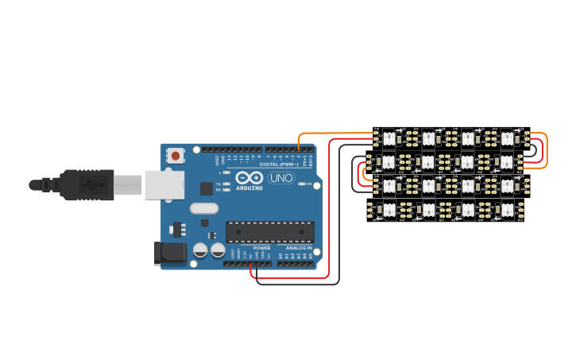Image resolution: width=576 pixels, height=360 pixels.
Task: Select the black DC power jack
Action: tap(170, 254)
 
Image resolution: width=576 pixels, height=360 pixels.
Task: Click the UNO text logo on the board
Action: tap(281, 178)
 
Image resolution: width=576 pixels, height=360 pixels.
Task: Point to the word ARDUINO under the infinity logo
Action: tap(249, 188)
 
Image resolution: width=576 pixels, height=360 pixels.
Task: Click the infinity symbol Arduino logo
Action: tap(249, 177)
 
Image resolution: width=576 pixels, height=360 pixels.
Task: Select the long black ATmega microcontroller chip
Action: tap(269, 232)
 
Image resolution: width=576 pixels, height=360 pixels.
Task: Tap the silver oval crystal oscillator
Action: tap(203, 208)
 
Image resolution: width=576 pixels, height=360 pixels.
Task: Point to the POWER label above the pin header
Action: tap(261, 248)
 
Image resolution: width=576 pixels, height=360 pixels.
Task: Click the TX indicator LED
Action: tap(226, 184)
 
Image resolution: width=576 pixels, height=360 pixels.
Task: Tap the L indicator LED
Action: tap(226, 172)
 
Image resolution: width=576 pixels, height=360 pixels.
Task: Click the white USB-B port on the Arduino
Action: tap(164, 184)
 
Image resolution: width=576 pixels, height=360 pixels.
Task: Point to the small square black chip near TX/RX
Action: tap(206, 188)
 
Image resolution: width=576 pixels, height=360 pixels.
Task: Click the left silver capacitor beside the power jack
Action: tap(200, 250)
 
